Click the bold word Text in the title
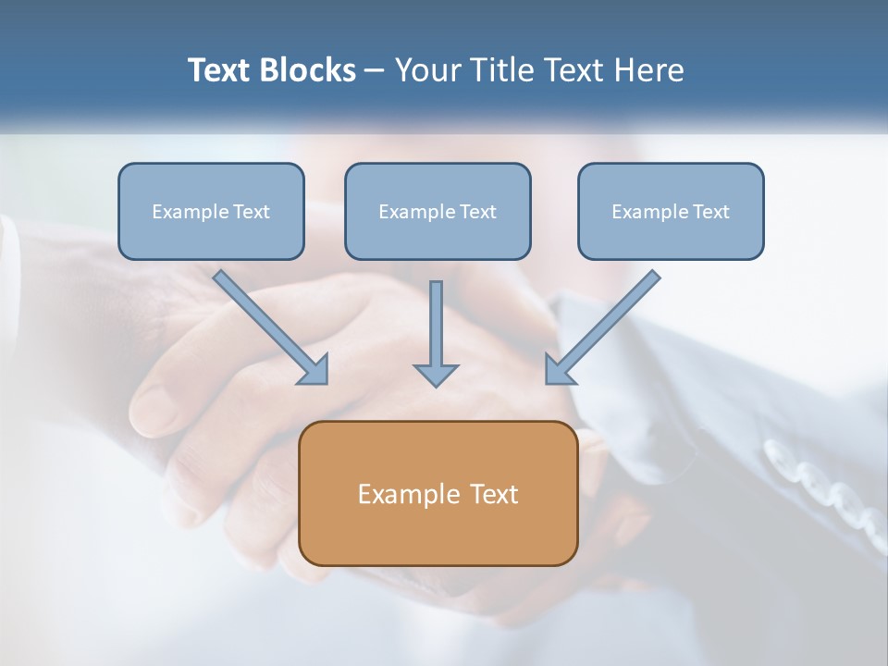219,70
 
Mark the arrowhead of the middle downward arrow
436,375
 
